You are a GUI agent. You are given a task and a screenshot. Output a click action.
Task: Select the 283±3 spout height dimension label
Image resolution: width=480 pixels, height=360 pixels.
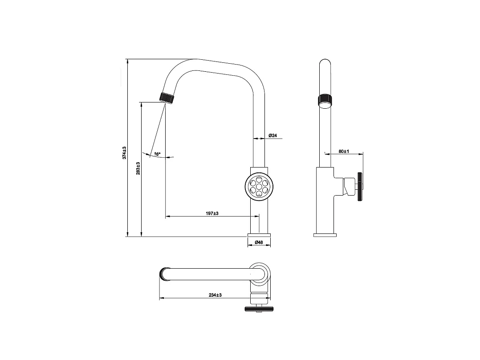coord(138,168)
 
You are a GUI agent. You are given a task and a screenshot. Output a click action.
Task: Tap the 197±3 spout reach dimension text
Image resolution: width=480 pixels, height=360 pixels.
coord(212,213)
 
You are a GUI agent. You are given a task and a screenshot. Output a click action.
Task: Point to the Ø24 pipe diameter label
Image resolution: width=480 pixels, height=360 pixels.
coord(273,135)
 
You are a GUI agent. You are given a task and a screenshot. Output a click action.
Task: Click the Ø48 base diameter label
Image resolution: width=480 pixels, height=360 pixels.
coord(259,243)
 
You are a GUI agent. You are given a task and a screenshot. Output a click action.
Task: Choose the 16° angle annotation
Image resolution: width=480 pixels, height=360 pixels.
coord(157,154)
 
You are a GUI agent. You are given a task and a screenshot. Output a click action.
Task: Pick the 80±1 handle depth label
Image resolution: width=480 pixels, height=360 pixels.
coord(343,151)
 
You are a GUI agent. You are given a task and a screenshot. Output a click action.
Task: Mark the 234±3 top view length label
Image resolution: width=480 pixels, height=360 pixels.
coord(215,295)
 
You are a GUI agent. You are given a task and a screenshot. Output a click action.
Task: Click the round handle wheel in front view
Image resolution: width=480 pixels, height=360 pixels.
coord(259,185)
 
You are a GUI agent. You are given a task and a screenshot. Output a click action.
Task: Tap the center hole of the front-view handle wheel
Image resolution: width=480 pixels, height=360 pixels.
coord(259,186)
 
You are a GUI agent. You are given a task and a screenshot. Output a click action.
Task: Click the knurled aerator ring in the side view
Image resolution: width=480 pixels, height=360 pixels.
coord(325,100)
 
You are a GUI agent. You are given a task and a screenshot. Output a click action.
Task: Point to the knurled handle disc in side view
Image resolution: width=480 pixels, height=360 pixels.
coord(360,187)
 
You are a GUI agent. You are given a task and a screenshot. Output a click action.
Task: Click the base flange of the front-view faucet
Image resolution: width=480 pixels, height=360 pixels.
coord(259,234)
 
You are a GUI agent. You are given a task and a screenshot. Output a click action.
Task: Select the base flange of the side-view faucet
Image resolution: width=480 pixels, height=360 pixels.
coord(325,235)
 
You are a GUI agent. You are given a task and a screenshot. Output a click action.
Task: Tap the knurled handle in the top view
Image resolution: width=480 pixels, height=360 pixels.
coord(259,309)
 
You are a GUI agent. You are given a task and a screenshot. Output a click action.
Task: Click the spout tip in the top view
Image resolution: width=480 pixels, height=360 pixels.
coord(163,273)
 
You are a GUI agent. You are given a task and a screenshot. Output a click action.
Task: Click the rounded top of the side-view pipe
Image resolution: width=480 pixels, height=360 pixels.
coord(325,63)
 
